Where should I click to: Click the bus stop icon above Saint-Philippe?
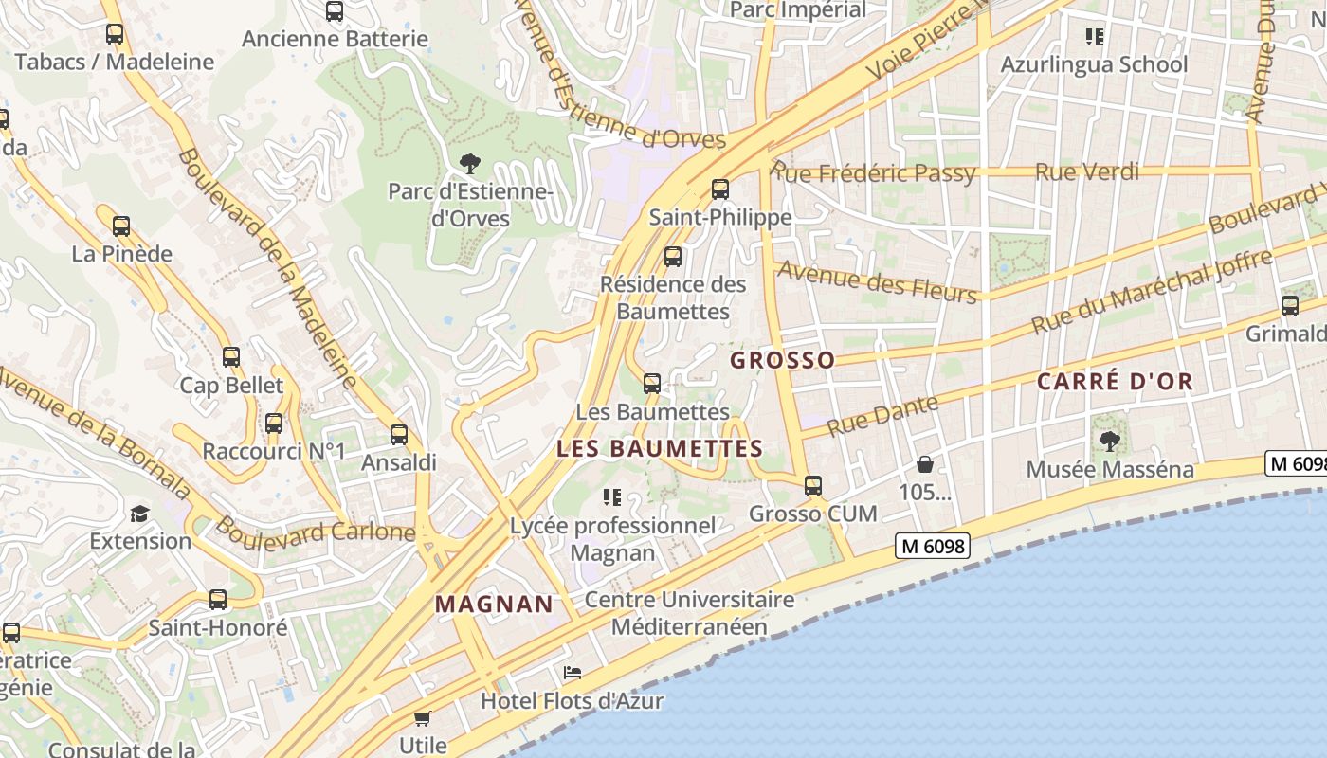(720, 189)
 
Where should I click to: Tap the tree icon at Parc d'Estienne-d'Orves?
(469, 163)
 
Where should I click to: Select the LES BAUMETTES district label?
(660, 448)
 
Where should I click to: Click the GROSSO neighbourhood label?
(783, 360)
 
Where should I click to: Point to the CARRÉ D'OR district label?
(1115, 382)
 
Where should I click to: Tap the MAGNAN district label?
(494, 604)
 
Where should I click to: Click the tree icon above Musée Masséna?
(1109, 441)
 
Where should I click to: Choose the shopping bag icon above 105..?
(925, 464)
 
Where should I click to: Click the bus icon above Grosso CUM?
(813, 486)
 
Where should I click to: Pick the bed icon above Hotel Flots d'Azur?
(573, 673)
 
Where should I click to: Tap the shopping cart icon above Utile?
(423, 718)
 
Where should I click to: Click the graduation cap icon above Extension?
(140, 514)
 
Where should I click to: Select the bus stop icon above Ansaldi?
(399, 435)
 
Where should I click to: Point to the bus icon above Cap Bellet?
(231, 357)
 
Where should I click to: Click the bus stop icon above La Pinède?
(121, 226)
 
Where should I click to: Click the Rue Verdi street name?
(1087, 172)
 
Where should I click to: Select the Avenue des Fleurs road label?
(877, 281)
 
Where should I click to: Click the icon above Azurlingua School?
(1095, 37)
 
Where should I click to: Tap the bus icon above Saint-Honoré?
(218, 599)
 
